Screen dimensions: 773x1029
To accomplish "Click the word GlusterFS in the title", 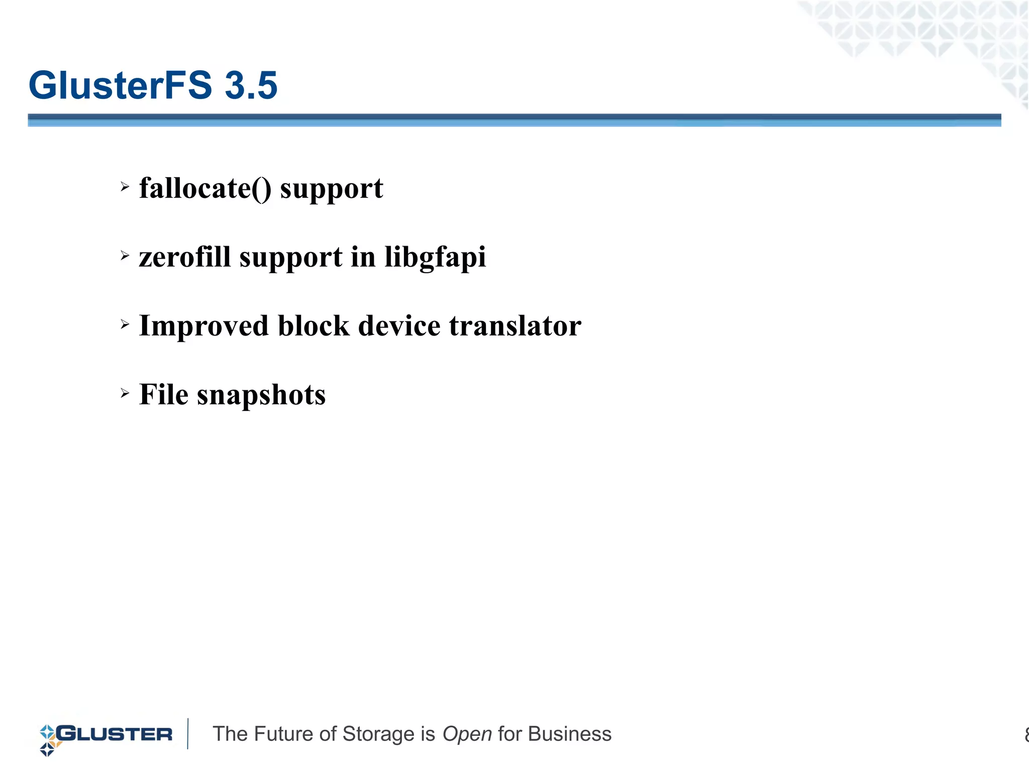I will click(121, 85).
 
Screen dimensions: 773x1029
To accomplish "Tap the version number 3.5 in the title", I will click(251, 85).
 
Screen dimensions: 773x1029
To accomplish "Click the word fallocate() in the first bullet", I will click(205, 189).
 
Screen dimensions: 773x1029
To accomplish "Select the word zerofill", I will click(184, 257).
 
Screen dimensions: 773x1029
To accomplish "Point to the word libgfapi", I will click(435, 258).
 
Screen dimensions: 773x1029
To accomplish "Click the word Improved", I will click(203, 326).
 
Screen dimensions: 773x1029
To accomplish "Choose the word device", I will click(399, 325).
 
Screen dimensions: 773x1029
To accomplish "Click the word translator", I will click(515, 325).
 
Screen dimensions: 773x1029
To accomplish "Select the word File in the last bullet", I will click(163, 394).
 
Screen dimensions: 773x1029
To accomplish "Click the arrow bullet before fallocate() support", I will click(125, 187).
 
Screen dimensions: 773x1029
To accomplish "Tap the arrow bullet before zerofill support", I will click(125, 256).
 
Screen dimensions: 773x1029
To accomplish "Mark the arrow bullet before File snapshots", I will click(125, 393).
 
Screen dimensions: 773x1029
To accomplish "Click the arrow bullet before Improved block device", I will click(125, 325).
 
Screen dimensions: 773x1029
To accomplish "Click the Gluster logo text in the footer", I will click(115, 734).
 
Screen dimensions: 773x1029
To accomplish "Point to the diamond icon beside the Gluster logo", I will click(48, 740).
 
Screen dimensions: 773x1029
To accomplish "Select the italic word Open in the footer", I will click(467, 734).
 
